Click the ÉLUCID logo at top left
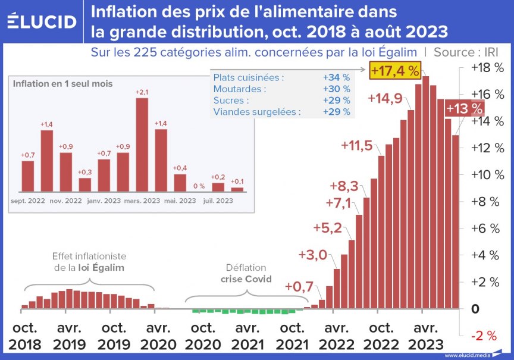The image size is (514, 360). (x=41, y=21)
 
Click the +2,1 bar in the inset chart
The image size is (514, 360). (x=142, y=143)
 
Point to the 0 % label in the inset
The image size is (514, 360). (x=198, y=186)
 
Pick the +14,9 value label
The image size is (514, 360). (x=385, y=98)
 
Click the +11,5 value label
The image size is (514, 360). (x=357, y=145)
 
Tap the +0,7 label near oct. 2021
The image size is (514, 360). (x=299, y=287)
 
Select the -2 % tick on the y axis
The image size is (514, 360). (x=483, y=336)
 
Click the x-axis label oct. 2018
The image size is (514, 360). (x=24, y=336)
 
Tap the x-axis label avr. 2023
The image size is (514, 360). (x=426, y=336)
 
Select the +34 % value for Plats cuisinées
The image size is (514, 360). (x=336, y=77)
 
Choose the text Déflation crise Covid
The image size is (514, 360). (x=246, y=274)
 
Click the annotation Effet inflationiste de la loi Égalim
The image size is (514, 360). (x=89, y=262)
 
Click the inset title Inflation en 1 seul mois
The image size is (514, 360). (x=62, y=84)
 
